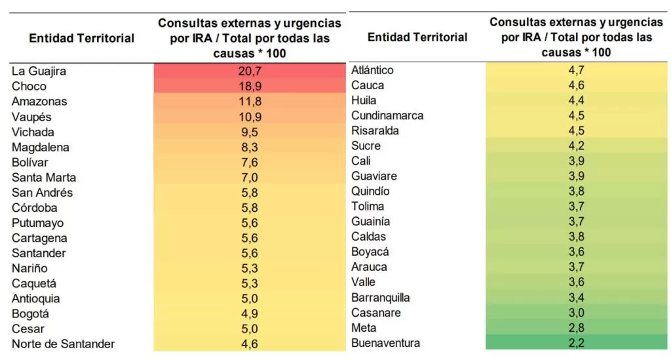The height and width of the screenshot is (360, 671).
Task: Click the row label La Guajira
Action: (39, 71)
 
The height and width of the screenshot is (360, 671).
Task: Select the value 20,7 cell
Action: (250, 71)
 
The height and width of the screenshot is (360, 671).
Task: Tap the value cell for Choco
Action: (250, 86)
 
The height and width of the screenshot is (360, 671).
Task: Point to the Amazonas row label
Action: (39, 102)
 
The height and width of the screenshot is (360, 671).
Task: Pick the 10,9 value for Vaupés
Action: (250, 117)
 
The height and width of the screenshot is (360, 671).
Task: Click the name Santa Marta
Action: (44, 178)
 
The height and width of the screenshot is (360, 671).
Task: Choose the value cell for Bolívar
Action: (250, 163)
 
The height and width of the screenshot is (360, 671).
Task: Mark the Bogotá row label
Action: (30, 314)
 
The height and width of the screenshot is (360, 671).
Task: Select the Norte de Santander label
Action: (63, 344)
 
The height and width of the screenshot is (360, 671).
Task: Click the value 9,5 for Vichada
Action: (250, 132)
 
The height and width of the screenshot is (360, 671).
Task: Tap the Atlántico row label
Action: (372, 70)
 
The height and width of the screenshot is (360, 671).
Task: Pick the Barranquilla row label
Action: (381, 298)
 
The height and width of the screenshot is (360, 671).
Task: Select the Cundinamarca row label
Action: (387, 115)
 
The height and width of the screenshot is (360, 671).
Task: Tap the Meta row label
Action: (364, 328)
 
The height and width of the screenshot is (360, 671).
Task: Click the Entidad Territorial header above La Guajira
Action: (82, 39)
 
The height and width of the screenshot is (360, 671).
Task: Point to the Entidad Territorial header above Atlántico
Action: (417, 37)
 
